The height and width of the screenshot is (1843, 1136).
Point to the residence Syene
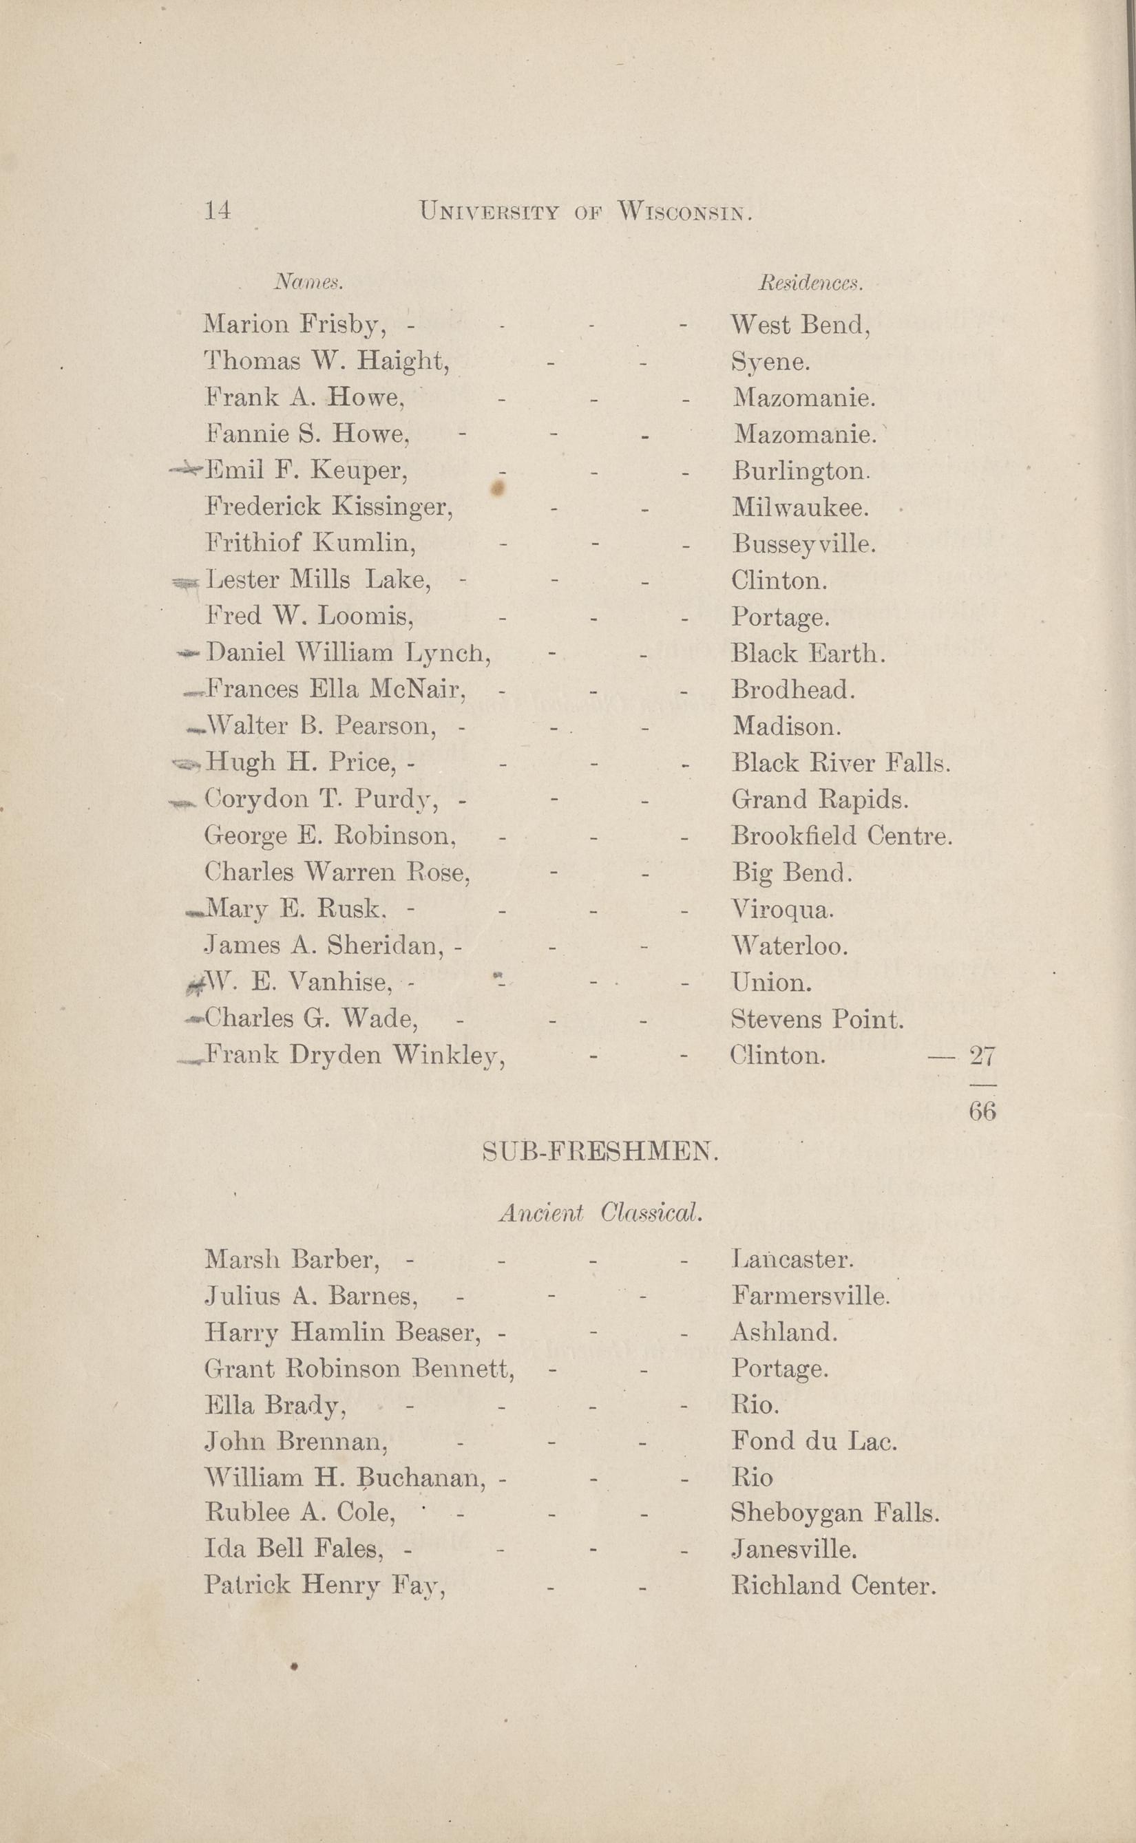coord(770,363)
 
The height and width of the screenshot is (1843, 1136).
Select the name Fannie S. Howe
coord(308,434)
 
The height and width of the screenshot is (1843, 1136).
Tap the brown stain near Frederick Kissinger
coord(497,489)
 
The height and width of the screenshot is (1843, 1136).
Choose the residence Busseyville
coord(804,544)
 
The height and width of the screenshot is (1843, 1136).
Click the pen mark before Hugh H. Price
coord(187,764)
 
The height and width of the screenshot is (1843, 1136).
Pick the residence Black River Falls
coord(841,763)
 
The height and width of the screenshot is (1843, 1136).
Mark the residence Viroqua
coord(782,910)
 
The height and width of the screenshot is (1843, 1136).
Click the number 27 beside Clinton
coord(982,1056)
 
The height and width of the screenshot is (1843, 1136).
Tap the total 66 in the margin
coord(982,1111)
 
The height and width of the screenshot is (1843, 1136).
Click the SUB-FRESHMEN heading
coord(600,1151)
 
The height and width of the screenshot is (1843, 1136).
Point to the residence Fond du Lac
coord(814,1440)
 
